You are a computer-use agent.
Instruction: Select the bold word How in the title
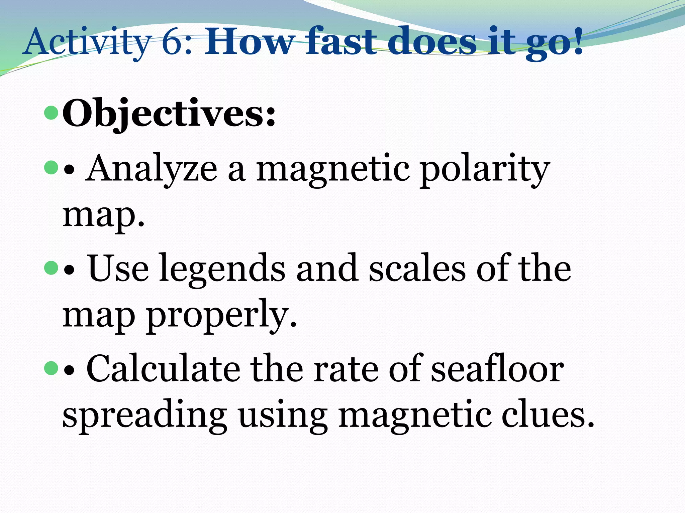(x=249, y=42)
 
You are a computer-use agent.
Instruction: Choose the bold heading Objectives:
(x=169, y=114)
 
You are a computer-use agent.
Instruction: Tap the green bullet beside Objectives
(x=51, y=113)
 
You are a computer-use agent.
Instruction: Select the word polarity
(x=485, y=169)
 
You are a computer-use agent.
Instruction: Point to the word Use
(x=118, y=269)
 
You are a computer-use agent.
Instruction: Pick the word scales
(x=417, y=269)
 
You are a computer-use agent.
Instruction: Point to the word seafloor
(x=497, y=369)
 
